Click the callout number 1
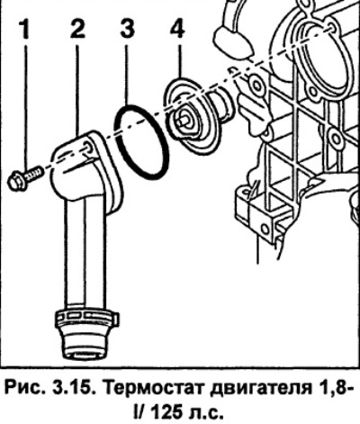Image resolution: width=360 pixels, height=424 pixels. (25, 29)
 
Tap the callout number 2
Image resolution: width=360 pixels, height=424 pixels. (77, 29)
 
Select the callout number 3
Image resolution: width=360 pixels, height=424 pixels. (127, 29)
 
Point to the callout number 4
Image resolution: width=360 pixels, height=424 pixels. (177, 29)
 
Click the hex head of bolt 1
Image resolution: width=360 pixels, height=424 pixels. (17, 181)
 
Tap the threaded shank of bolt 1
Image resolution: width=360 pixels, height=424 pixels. (35, 173)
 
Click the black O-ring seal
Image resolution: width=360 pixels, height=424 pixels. (141, 142)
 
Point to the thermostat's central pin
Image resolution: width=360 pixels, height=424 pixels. (183, 120)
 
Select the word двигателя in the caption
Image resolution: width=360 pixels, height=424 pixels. (260, 390)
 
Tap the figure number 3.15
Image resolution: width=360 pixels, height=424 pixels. (76, 389)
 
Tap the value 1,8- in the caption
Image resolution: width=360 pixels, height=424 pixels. (333, 390)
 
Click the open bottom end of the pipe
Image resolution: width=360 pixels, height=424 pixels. (84, 354)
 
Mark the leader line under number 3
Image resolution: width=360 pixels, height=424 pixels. (127, 74)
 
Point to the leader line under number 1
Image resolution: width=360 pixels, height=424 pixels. (25, 108)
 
